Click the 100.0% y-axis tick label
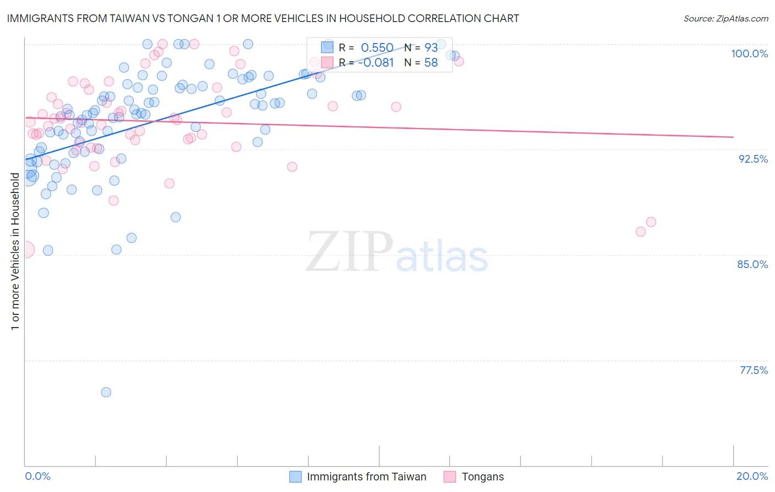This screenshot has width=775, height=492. coord(749,54)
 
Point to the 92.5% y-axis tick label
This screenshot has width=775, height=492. coord(753,159)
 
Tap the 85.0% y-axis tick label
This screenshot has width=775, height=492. coord(752,264)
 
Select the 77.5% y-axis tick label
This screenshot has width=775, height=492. coord(754,370)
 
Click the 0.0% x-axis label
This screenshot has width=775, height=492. coord(37,476)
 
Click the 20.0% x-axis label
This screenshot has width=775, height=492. coord(752,476)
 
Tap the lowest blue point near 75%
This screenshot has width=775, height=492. coord(106,392)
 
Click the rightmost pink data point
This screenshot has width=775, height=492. coord(651,222)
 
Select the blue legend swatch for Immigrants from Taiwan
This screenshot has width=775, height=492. coord(295,477)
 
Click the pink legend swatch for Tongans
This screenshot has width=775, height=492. coord(450,477)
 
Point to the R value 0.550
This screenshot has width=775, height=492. coord(377,48)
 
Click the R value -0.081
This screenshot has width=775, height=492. coord(376,63)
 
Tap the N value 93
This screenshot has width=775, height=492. coord(430,48)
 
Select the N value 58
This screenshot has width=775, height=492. coord(430,63)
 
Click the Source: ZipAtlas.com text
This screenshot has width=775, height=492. coord(725,18)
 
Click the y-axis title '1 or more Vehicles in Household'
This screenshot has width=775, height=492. coord(15,252)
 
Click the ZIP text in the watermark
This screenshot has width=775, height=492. coord(349,252)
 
